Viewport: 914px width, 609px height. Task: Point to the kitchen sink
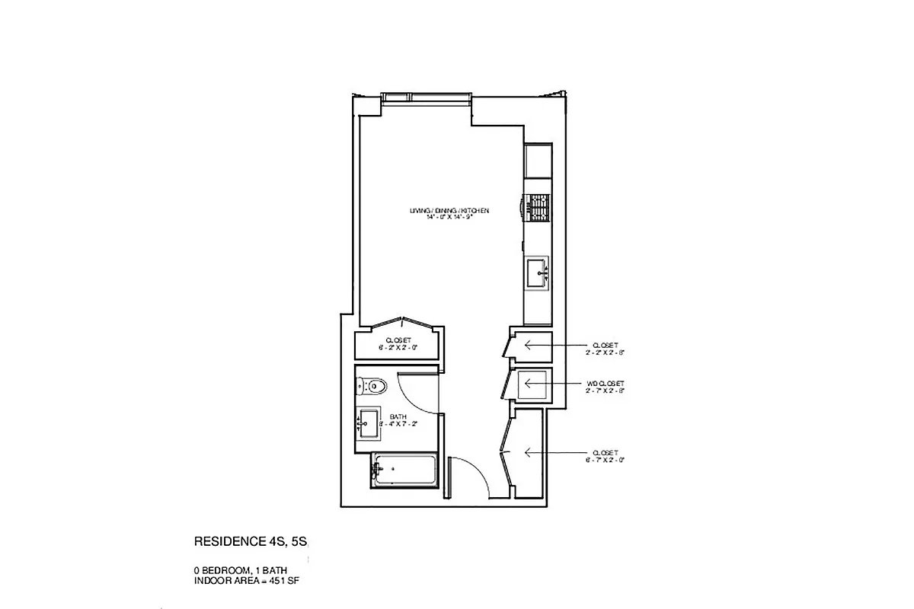tap(538, 271)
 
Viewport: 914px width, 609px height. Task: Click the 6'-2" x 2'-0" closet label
tap(398, 344)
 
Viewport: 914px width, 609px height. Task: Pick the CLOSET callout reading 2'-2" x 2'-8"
tap(606, 348)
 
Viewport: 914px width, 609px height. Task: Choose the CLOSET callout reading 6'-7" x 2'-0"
tap(606, 456)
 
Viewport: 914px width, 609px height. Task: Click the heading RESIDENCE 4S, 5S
tap(251, 543)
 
